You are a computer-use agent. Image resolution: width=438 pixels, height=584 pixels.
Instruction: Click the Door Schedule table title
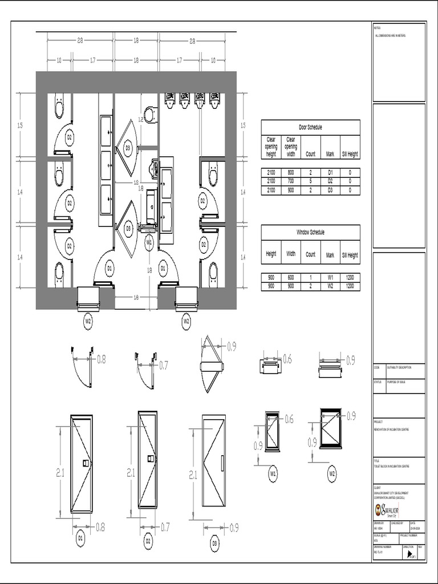pos(310,127)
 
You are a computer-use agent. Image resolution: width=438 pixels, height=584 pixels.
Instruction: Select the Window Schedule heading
pos(310,233)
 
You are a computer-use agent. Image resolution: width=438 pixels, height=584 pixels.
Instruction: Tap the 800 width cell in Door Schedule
pos(291,172)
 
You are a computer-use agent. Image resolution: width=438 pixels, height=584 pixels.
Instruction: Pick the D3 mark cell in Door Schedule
pos(330,190)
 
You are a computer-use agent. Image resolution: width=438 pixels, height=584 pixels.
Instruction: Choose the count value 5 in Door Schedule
pos(310,181)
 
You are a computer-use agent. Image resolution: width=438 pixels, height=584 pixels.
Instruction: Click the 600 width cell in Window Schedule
pos(291,277)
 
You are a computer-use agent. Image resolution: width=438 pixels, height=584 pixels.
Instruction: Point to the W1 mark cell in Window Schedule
pos(330,277)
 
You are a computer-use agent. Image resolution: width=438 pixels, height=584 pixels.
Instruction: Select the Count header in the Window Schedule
pos(310,255)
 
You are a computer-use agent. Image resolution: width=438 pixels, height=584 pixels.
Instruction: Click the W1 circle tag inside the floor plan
pos(149,242)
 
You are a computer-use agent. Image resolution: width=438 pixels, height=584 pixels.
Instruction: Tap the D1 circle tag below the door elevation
pos(80,537)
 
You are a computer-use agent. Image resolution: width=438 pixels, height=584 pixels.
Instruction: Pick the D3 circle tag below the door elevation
pos(215,544)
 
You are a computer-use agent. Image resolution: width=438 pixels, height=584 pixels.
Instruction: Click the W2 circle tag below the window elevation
pos(332,473)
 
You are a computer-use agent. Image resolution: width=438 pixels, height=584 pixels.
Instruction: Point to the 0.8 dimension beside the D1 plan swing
pos(101,359)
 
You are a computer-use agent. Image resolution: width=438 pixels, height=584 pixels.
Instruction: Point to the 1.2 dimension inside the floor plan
pos(140,119)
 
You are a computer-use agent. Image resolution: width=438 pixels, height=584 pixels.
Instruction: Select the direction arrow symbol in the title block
pos(410,553)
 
